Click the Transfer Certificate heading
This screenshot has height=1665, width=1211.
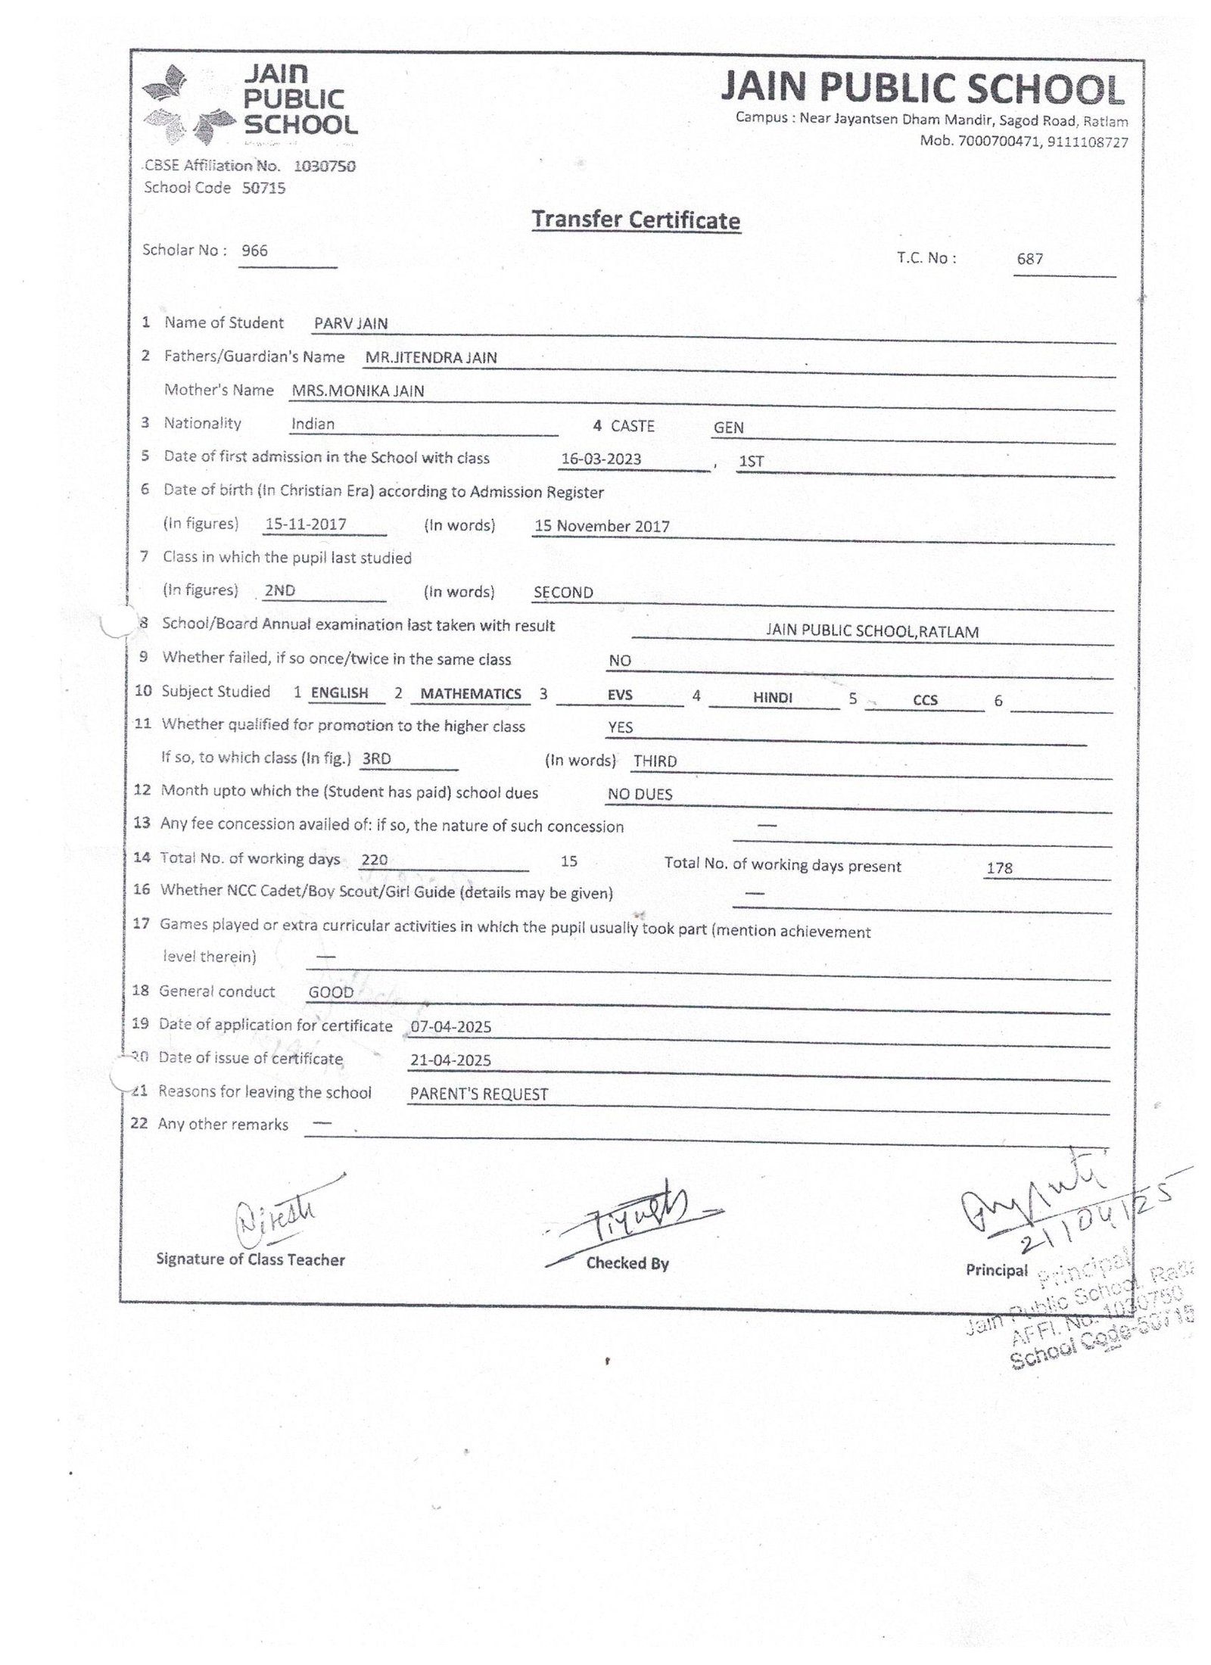pyautogui.click(x=635, y=220)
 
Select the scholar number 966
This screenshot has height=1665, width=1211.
pyautogui.click(x=254, y=251)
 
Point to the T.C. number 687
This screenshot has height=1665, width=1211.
pyautogui.click(x=1030, y=259)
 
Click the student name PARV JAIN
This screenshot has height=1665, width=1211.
pyautogui.click(x=351, y=324)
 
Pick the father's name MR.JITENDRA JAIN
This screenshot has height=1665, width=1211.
pyautogui.click(x=431, y=357)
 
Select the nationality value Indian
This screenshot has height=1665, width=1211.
pyautogui.click(x=313, y=424)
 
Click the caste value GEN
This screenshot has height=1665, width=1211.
pyautogui.click(x=728, y=428)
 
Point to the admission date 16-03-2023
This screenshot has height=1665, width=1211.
pyautogui.click(x=601, y=459)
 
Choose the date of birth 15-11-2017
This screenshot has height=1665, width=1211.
pyautogui.click(x=307, y=524)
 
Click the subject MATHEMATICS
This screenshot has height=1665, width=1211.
pyautogui.click(x=471, y=693)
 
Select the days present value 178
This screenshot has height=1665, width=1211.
pyautogui.click(x=999, y=868)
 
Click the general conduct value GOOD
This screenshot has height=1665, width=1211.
pyautogui.click(x=331, y=992)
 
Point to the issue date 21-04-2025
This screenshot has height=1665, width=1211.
pyautogui.click(x=450, y=1060)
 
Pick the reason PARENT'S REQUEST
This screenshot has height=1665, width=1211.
pyautogui.click(x=478, y=1094)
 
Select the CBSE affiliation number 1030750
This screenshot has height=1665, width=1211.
pyautogui.click(x=324, y=166)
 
